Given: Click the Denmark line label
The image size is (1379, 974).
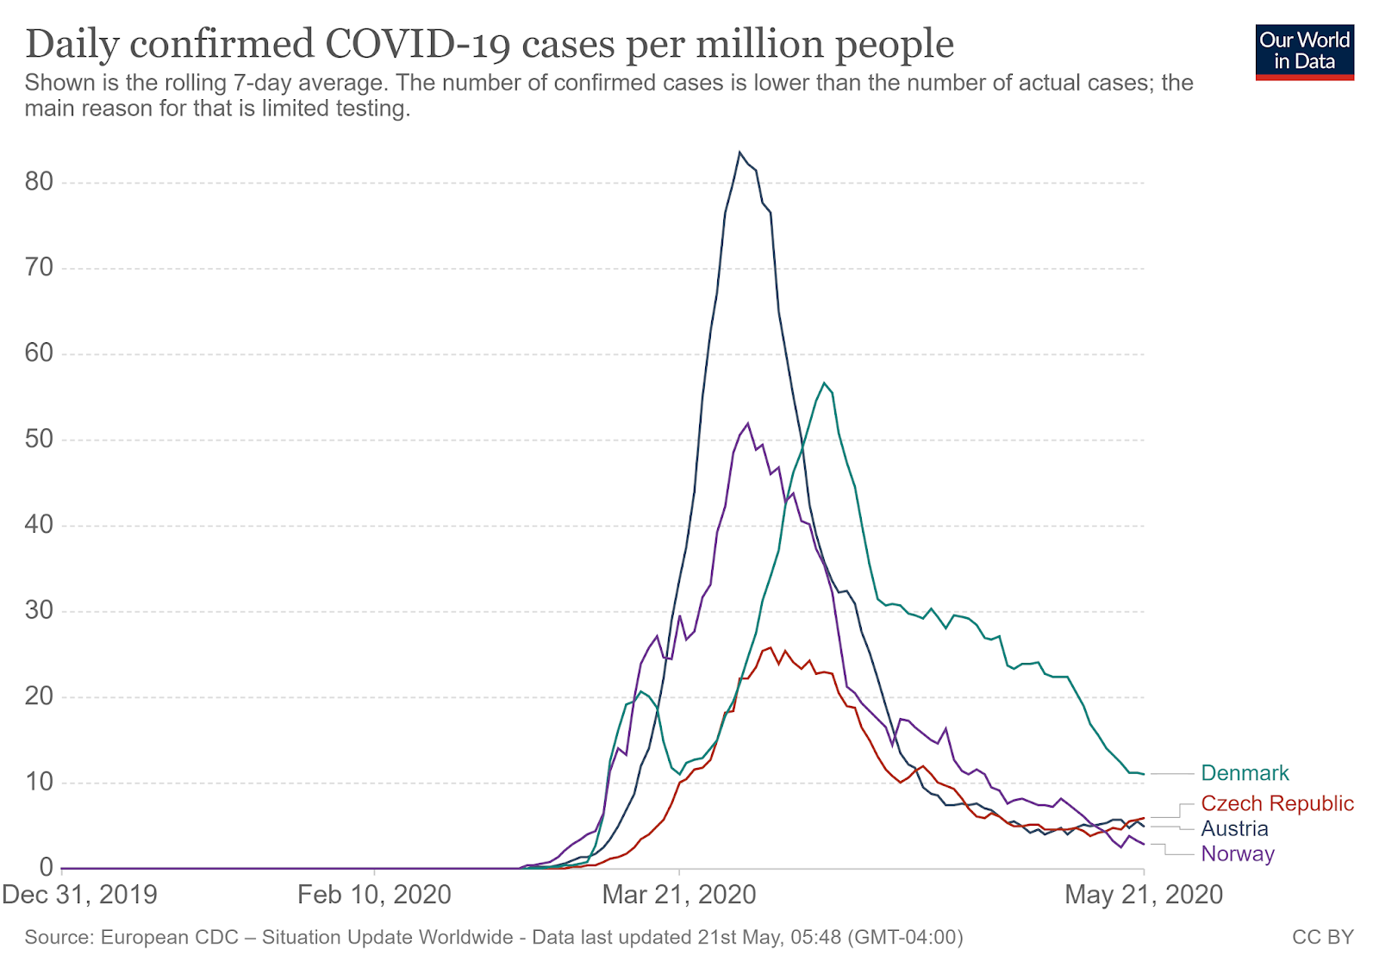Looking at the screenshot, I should pos(1245,773).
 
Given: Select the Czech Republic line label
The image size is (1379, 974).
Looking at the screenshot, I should pos(1277,803).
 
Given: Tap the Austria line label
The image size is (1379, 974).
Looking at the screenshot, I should pos(1234,828).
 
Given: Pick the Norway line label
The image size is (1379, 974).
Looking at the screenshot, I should pos(1238,853).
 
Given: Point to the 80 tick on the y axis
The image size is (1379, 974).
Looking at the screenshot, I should pos(40,182).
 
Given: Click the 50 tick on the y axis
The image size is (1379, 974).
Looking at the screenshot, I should pos(40,439).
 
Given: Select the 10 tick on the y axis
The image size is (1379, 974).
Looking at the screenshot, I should pos(40,782).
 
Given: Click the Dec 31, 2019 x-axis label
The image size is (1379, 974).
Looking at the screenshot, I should pos(80,895).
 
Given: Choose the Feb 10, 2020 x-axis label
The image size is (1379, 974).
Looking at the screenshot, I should pos(374,895).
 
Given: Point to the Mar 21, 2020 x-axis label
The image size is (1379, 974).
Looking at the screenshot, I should pos(679,895).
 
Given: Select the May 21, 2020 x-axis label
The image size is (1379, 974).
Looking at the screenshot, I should pos(1144,895).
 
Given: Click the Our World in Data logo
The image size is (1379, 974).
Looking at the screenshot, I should pos(1304,52).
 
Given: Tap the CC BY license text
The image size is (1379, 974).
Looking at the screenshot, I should pos(1322,937).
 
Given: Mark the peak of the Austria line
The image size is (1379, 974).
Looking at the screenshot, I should pos(739,153).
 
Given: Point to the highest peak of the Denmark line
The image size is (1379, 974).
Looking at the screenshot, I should pos(824,383).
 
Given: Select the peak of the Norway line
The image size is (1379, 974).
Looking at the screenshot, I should pos(747,423).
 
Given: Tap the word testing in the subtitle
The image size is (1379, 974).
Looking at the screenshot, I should pos(373,109).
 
